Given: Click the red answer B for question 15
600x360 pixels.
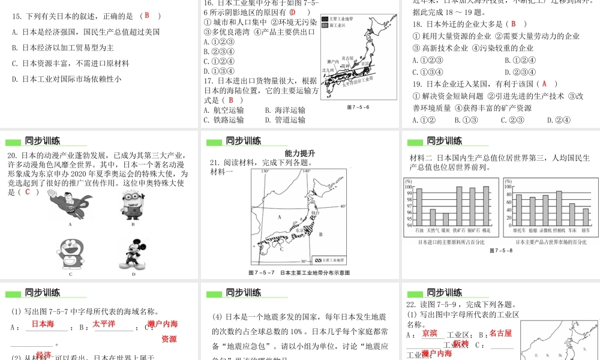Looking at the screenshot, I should (x=146, y=16).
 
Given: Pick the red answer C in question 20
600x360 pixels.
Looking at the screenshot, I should (x=28, y=192).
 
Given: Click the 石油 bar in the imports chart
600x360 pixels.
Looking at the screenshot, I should (x=419, y=207).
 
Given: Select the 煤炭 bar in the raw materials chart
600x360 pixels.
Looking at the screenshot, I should (x=445, y=219).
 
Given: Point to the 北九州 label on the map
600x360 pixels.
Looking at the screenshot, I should (x=328, y=70).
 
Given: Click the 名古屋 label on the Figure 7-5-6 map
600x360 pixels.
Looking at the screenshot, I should (x=347, y=58).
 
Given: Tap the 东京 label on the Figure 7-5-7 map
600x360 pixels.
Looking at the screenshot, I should (x=300, y=229).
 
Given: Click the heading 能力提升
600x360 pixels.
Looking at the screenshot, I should (x=300, y=154).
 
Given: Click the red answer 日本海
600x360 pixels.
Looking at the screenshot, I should (x=43, y=324).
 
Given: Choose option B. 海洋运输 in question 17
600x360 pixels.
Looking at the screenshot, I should (x=285, y=110).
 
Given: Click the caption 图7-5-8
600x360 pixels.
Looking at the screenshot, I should (x=501, y=251).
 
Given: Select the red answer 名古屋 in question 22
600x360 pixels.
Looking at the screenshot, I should (x=500, y=333).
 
